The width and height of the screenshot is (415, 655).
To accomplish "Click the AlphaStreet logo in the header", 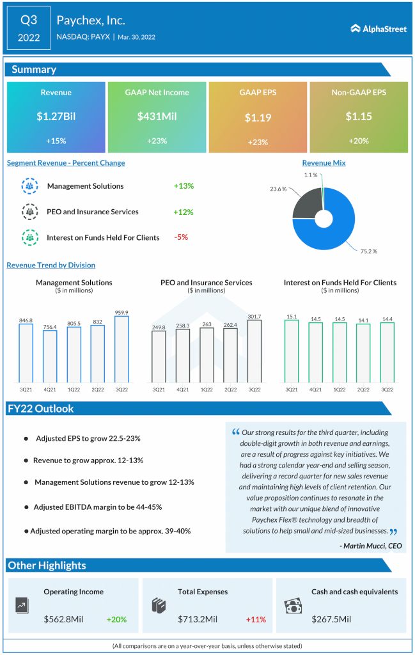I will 379,29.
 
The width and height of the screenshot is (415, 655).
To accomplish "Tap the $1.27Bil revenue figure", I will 56,116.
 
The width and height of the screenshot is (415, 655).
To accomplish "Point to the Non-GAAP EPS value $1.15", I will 359,116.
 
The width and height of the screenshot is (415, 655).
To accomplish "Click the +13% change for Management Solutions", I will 184,186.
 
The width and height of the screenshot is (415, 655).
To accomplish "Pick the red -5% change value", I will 181,237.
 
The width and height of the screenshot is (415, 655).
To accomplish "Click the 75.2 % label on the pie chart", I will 368,251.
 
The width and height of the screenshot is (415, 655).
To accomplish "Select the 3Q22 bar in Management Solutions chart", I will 121,349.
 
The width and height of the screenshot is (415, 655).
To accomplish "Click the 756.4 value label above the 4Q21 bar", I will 49,326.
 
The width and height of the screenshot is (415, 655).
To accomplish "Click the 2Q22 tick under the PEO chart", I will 230,390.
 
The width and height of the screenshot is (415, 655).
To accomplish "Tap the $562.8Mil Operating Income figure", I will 68,619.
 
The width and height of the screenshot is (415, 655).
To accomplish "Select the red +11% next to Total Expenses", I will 256,619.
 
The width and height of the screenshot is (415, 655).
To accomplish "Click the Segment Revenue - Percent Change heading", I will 66,163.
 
